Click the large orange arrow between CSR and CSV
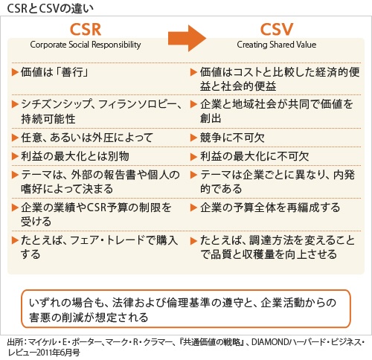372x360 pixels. (187, 38)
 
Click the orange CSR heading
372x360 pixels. (86, 30)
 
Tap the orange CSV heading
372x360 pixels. (277, 30)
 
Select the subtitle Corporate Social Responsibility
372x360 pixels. (86, 45)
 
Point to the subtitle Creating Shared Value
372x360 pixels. (277, 45)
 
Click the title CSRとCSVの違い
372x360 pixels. (51, 8)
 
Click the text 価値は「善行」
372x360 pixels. (54, 72)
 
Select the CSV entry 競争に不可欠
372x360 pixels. (232, 138)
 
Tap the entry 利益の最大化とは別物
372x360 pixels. (75, 156)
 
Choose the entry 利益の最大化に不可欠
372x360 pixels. (254, 156)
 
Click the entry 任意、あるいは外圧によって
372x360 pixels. (87, 138)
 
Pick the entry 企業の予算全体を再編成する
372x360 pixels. (270, 208)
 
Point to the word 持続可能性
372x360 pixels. (48, 119)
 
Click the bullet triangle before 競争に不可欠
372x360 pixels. (193, 138)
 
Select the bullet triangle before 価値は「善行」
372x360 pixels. (15, 72)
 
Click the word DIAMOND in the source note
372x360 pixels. (270, 342)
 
